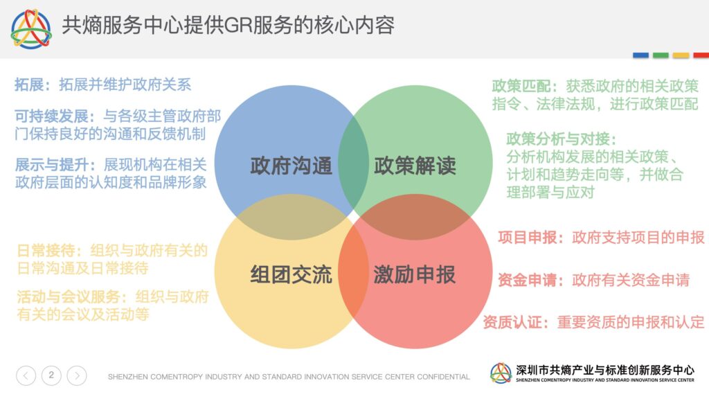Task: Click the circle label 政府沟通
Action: (x=291, y=166)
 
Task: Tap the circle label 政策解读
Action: (x=415, y=166)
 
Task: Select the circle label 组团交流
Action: (x=291, y=274)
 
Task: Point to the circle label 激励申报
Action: (x=415, y=274)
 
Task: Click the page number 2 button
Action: (x=51, y=375)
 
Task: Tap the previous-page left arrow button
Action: (x=26, y=375)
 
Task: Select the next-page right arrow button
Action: (x=77, y=375)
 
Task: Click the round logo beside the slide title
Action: (x=31, y=29)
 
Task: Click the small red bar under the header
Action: (x=701, y=55)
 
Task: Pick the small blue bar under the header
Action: (x=640, y=55)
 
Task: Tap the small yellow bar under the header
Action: (x=681, y=55)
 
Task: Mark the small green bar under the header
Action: (x=661, y=55)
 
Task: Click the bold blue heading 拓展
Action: (x=29, y=85)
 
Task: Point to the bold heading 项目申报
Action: (x=527, y=237)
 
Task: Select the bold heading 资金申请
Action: (x=527, y=280)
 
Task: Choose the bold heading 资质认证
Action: (x=512, y=322)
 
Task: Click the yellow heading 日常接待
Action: (x=46, y=250)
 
